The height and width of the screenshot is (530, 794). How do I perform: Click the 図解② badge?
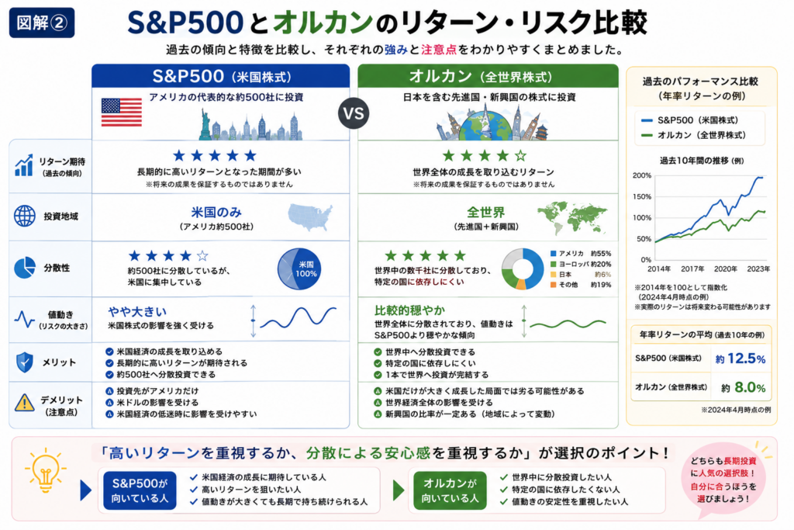click(x=42, y=23)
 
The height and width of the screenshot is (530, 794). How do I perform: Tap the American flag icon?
click(x=122, y=112)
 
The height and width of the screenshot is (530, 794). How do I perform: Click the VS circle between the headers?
click(x=354, y=113)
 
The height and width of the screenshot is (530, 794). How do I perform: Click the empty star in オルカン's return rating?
click(x=520, y=155)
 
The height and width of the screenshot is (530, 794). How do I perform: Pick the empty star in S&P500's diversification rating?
click(x=202, y=255)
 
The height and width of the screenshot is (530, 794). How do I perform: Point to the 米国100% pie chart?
click(x=299, y=268)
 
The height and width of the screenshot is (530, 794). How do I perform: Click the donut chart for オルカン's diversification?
click(x=523, y=268)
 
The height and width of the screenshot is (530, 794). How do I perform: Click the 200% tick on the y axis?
click(x=642, y=176)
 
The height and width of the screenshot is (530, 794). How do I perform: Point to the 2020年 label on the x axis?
click(x=726, y=269)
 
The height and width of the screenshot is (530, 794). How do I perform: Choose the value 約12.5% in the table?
click(x=740, y=359)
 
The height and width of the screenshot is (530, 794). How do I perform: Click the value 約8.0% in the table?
click(x=744, y=388)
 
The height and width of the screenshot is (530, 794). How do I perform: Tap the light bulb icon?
click(x=45, y=469)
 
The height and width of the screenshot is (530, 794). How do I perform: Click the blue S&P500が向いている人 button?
click(x=140, y=490)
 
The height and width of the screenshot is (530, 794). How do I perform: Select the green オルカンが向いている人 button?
click(x=450, y=490)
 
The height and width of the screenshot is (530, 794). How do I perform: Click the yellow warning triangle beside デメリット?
click(x=24, y=403)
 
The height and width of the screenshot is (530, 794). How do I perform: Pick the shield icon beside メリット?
click(x=24, y=362)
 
